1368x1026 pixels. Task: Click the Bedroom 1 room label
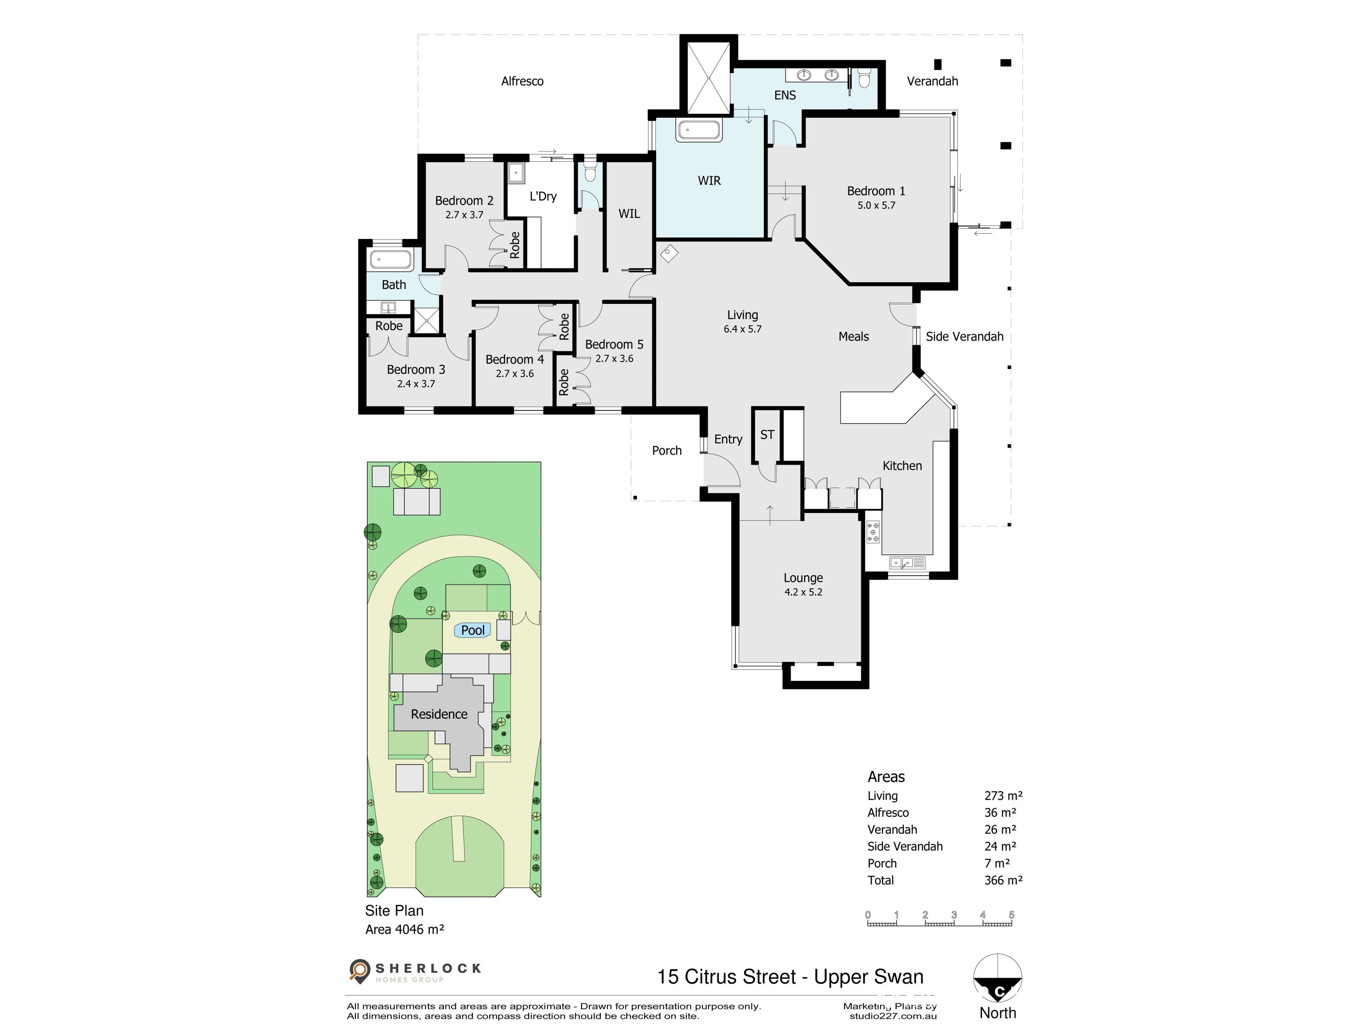click(876, 191)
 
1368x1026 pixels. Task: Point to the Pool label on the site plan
click(473, 630)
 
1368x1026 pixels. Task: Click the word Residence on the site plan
click(439, 714)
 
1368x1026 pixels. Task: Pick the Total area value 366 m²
click(1003, 880)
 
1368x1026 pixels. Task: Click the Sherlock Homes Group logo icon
click(359, 970)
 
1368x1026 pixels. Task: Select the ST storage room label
click(767, 435)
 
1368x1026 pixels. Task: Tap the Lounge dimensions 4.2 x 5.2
click(803, 592)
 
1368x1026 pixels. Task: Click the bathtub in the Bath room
click(391, 260)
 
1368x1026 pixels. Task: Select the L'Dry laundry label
click(543, 196)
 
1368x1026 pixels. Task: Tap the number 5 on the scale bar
click(1012, 915)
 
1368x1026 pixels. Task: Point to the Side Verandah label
click(964, 336)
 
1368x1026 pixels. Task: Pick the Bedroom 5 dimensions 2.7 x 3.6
click(614, 359)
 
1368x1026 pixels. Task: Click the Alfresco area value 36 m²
click(1000, 813)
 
